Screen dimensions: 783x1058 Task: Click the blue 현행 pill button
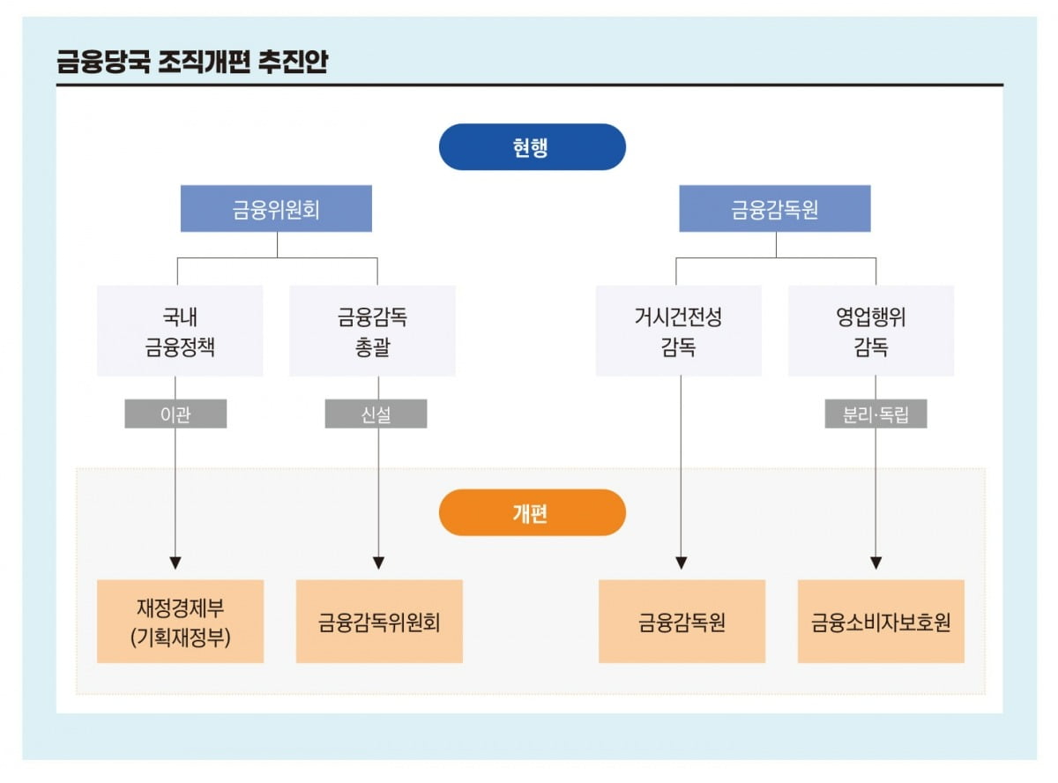(532, 147)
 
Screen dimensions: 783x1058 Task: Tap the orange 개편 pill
(532, 513)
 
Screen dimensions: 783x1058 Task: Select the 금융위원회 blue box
(276, 209)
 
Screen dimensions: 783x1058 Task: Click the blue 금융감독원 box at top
(775, 209)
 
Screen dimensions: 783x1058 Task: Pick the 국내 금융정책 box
(180, 332)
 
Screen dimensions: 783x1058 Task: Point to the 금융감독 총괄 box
(372, 332)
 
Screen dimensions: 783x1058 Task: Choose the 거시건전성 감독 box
(678, 332)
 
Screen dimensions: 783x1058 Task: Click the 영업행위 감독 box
(870, 332)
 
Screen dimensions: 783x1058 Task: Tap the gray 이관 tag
(175, 414)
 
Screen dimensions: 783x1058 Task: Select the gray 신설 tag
(376, 414)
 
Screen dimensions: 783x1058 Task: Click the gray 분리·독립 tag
(875, 414)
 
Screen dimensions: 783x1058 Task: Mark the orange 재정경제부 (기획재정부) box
(180, 622)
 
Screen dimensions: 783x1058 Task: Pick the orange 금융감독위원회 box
(379, 622)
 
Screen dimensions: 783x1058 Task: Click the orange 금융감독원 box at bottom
(682, 622)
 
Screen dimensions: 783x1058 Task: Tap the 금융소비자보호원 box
(881, 622)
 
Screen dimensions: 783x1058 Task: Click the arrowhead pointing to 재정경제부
(175, 563)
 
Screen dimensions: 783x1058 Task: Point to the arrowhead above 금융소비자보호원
(875, 563)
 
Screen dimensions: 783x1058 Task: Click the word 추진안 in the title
(293, 63)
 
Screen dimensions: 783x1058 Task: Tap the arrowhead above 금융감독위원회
(378, 563)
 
